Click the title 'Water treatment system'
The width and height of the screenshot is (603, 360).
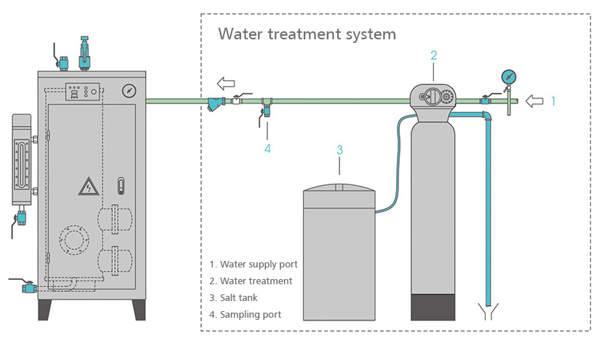click(307, 34)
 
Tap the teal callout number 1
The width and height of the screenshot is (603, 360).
click(553, 101)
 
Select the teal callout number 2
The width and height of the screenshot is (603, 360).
click(434, 55)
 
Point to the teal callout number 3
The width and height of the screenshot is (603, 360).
click(339, 150)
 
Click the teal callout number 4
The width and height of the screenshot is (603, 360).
click(267, 149)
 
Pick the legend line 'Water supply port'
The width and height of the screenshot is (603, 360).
click(253, 264)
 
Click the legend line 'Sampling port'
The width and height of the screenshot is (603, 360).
click(245, 315)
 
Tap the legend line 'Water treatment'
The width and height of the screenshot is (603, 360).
click(251, 281)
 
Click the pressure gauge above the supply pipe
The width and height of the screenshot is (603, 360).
click(508, 77)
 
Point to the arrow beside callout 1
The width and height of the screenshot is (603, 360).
click(535, 101)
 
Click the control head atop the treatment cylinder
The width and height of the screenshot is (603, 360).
click(435, 98)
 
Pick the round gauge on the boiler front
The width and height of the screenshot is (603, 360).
click(129, 90)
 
